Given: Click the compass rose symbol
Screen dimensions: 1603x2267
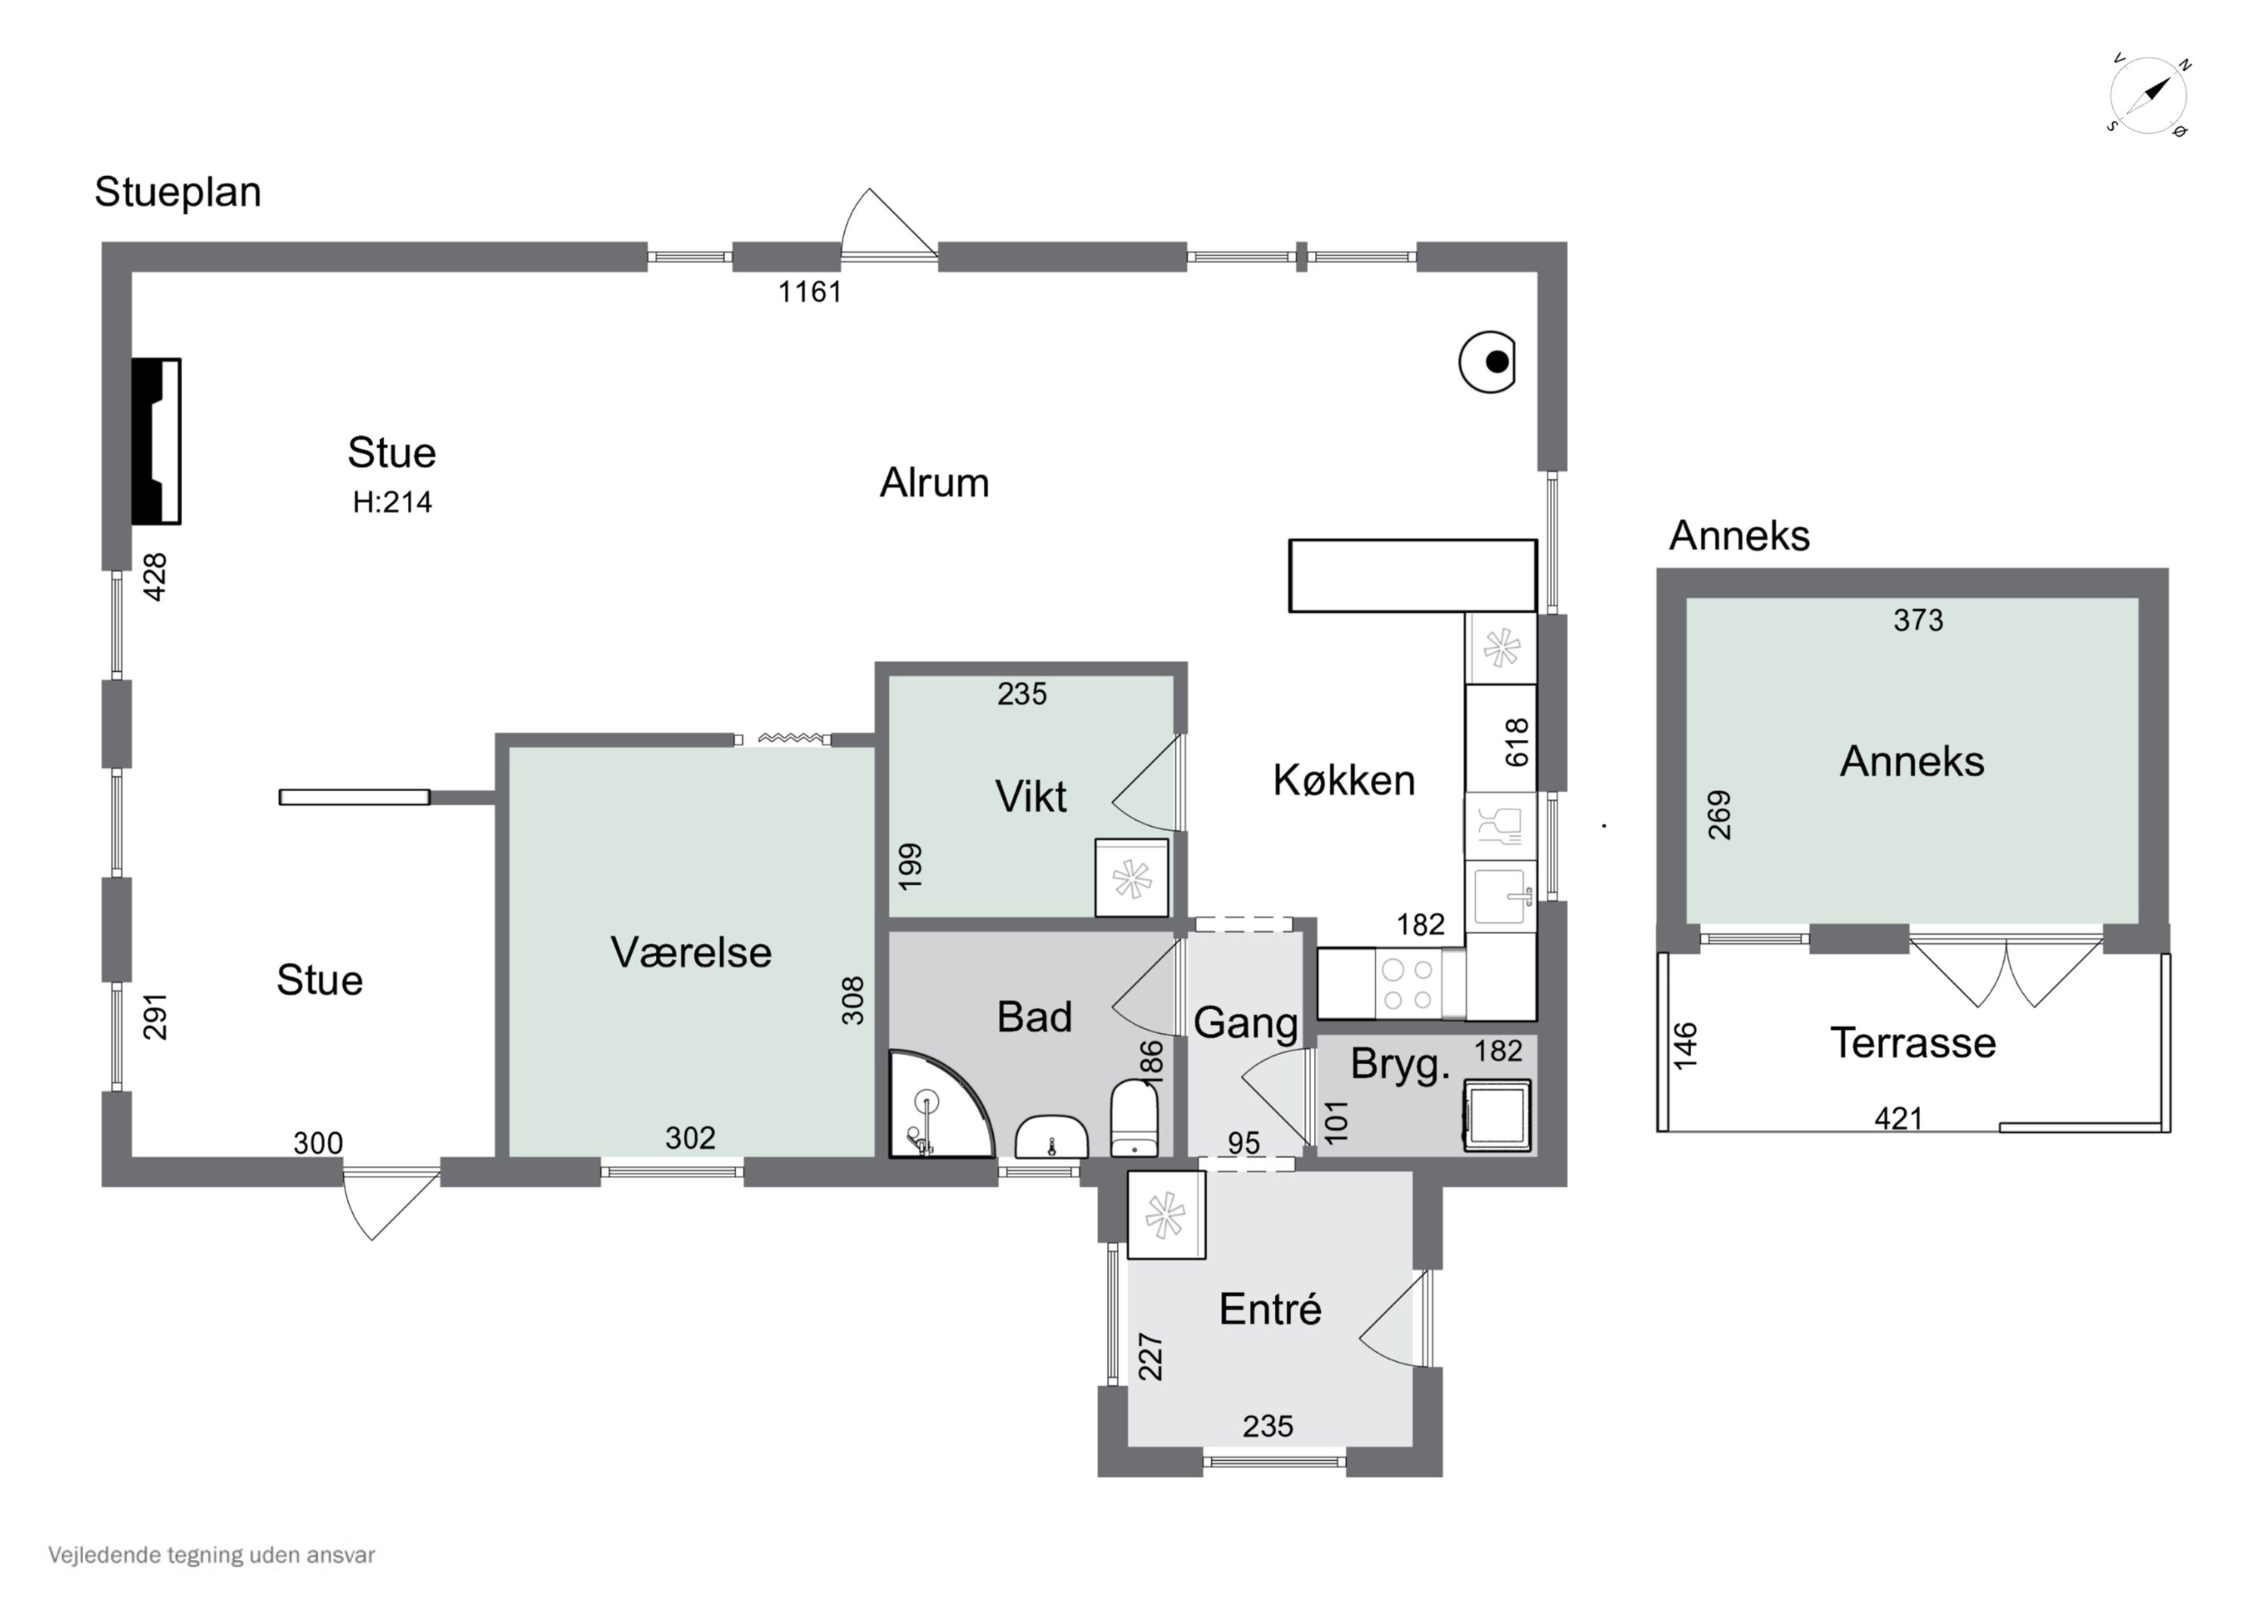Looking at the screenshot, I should (2148, 97).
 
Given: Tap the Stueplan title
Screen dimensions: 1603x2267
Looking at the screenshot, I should (178, 193).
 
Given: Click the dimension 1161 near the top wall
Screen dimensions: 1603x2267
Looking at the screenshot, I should (809, 292).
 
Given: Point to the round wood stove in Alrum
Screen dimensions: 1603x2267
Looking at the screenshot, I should (1488, 363).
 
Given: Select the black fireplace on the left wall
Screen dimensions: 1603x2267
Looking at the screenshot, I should (156, 441).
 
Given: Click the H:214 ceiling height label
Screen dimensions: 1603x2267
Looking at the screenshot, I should (392, 503).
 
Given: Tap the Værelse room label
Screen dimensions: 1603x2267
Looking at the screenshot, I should (691, 953).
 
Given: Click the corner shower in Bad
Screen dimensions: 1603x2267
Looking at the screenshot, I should (933, 1106).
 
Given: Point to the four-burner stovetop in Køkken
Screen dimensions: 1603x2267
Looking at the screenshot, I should (1407, 985).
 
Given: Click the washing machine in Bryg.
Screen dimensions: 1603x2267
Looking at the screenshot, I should (1497, 1115).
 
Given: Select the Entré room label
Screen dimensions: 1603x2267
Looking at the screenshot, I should (1270, 1311).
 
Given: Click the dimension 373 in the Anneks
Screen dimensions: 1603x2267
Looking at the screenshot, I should (1917, 620).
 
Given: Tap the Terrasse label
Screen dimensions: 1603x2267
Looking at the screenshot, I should (1913, 1043).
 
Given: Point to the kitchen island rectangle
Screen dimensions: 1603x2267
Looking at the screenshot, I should (1412, 576).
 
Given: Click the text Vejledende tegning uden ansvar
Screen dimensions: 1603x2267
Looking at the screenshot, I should (212, 1555).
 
